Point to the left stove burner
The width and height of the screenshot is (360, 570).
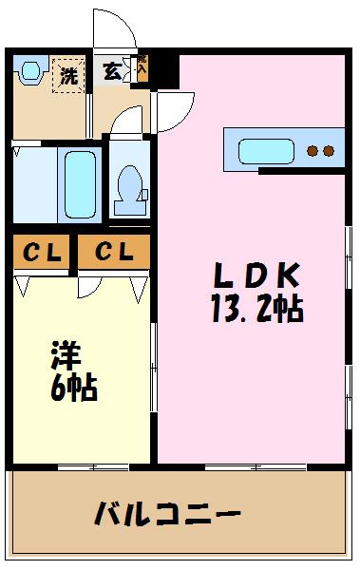[x=313, y=151]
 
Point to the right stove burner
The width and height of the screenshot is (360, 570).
[x=329, y=151]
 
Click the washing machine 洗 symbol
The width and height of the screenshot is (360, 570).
[x=68, y=75]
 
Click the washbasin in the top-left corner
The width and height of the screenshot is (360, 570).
[x=30, y=71]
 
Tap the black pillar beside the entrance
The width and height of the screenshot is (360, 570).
[x=164, y=68]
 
